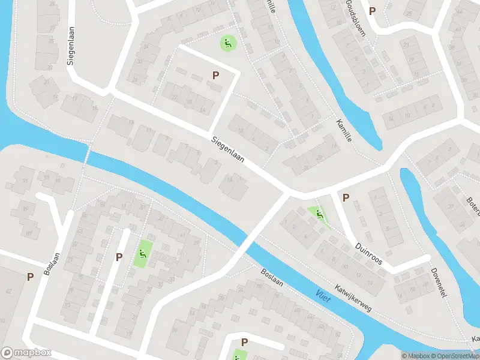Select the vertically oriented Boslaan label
50,262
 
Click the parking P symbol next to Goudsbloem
372,11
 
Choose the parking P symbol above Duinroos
346,197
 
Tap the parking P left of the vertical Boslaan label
30,277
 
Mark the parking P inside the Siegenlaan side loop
215,74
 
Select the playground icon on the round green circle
227,43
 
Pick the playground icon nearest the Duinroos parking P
319,214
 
